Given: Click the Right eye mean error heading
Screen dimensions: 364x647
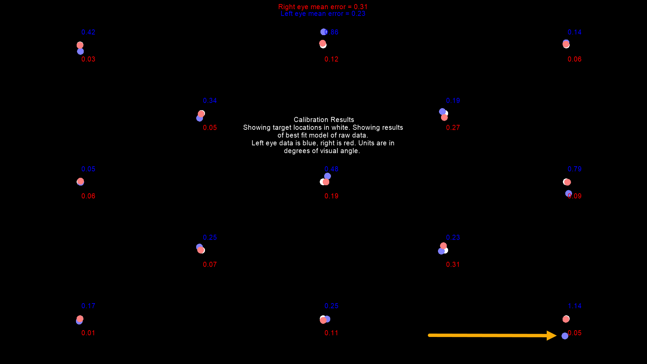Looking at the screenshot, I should coord(323,7).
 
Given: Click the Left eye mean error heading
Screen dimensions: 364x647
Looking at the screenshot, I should coord(323,14).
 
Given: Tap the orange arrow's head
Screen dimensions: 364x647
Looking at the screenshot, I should coord(552,335).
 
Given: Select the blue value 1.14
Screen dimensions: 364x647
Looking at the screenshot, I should coord(574,306).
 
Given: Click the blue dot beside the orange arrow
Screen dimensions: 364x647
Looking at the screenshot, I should coord(565,336).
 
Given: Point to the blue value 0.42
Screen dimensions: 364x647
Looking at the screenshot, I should coord(88,32).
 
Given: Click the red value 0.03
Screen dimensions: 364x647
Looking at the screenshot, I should coord(88,59).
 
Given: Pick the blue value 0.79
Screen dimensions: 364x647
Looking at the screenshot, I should coord(574,169).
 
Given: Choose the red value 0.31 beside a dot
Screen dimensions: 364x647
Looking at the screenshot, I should coord(453,265).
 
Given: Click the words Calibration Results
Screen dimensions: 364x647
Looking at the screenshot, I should coord(324,120).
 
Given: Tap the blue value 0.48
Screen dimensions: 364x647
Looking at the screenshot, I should coord(331,169).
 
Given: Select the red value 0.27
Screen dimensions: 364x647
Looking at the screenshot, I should coord(453,128).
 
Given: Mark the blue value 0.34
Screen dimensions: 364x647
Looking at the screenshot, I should coord(210,101).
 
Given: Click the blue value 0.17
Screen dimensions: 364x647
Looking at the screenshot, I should coord(88,306).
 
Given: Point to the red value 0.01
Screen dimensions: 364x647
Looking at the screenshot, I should coord(88,333).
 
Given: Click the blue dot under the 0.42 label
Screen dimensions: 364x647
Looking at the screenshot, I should coord(80,51).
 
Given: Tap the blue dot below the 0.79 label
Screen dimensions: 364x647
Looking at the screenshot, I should coord(569,193).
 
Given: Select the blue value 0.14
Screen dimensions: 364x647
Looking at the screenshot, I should coord(574,32).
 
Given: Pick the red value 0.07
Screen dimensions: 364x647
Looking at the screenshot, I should coord(210,265).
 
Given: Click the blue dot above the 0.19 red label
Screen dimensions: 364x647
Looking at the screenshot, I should coord(328,176).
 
